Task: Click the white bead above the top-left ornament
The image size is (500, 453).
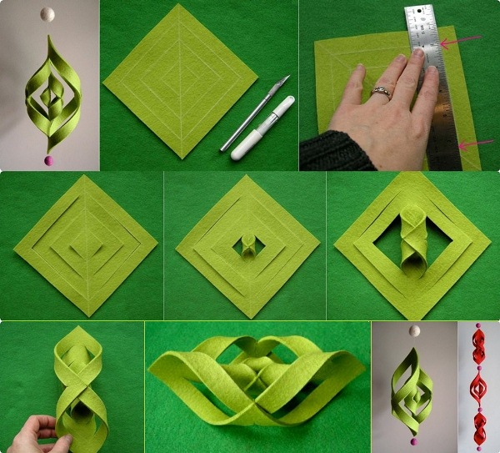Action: click(47, 14)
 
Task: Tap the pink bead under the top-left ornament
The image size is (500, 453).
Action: click(47, 159)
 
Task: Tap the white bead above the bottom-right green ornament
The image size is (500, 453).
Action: click(413, 331)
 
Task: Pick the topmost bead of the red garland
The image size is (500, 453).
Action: click(479, 327)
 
